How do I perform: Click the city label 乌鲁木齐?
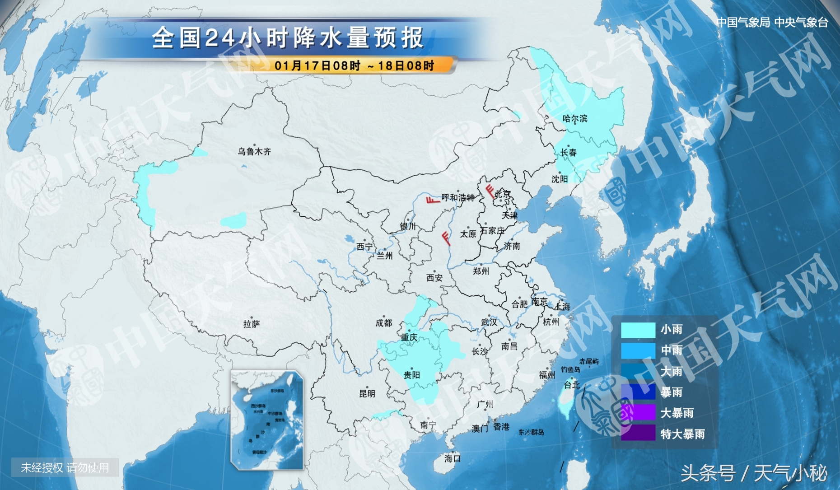tap(254, 152)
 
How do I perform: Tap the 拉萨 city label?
tap(251, 324)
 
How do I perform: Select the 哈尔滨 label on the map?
tap(574, 119)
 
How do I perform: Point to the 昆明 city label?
tap(367, 393)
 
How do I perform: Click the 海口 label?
tap(452, 458)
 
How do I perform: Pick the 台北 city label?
tap(571, 385)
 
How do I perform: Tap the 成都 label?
tap(383, 323)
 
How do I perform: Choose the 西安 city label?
tap(434, 278)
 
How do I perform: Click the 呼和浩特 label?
tap(457, 198)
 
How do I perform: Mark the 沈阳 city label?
tap(559, 179)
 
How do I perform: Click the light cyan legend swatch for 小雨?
tap(638, 330)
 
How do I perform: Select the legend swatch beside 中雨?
tap(638, 350)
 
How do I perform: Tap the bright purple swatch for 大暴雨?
tap(638, 413)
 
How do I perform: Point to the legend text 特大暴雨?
tap(682, 434)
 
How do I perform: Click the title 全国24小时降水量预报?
tap(288, 37)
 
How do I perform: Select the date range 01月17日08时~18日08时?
tap(354, 66)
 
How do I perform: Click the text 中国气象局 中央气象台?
tap(772, 22)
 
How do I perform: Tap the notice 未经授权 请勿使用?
tap(65, 467)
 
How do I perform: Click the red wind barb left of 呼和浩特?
tap(433, 199)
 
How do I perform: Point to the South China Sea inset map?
tap(266, 420)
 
